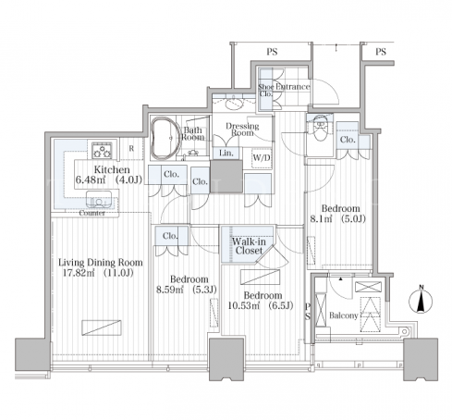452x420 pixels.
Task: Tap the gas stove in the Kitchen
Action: [102, 150]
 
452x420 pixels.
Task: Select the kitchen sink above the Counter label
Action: [99, 199]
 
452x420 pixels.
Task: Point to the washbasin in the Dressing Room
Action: [234, 103]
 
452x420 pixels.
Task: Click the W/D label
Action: [262, 158]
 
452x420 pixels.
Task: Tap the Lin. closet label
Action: [226, 153]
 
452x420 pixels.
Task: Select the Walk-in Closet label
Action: [249, 246]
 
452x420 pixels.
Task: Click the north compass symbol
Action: [421, 301]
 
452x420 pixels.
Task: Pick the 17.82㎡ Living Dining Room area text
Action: [98, 273]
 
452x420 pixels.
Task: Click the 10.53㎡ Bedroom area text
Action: [261, 305]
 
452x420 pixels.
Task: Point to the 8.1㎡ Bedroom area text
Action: [337, 219]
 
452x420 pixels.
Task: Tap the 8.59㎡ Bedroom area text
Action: [187, 290]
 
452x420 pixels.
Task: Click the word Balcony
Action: [344, 315]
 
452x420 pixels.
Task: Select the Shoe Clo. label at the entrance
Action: [265, 90]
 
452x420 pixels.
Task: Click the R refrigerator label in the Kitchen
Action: [131, 149]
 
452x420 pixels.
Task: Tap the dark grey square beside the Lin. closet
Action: [226, 176]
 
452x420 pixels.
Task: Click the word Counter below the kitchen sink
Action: [92, 213]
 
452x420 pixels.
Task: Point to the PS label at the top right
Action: [381, 52]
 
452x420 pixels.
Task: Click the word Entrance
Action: [293, 87]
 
